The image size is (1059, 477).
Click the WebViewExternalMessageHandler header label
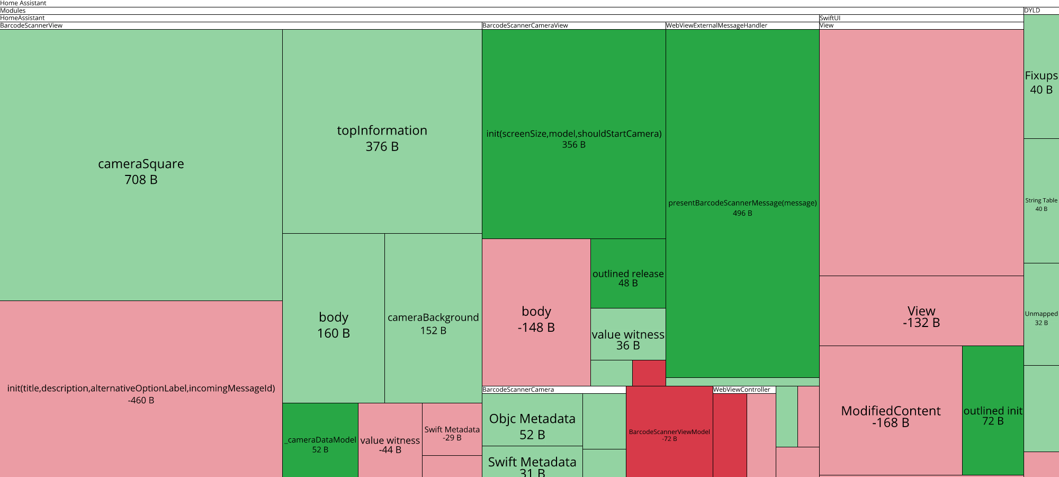(x=716, y=25)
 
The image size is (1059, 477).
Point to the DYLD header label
(x=1032, y=11)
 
